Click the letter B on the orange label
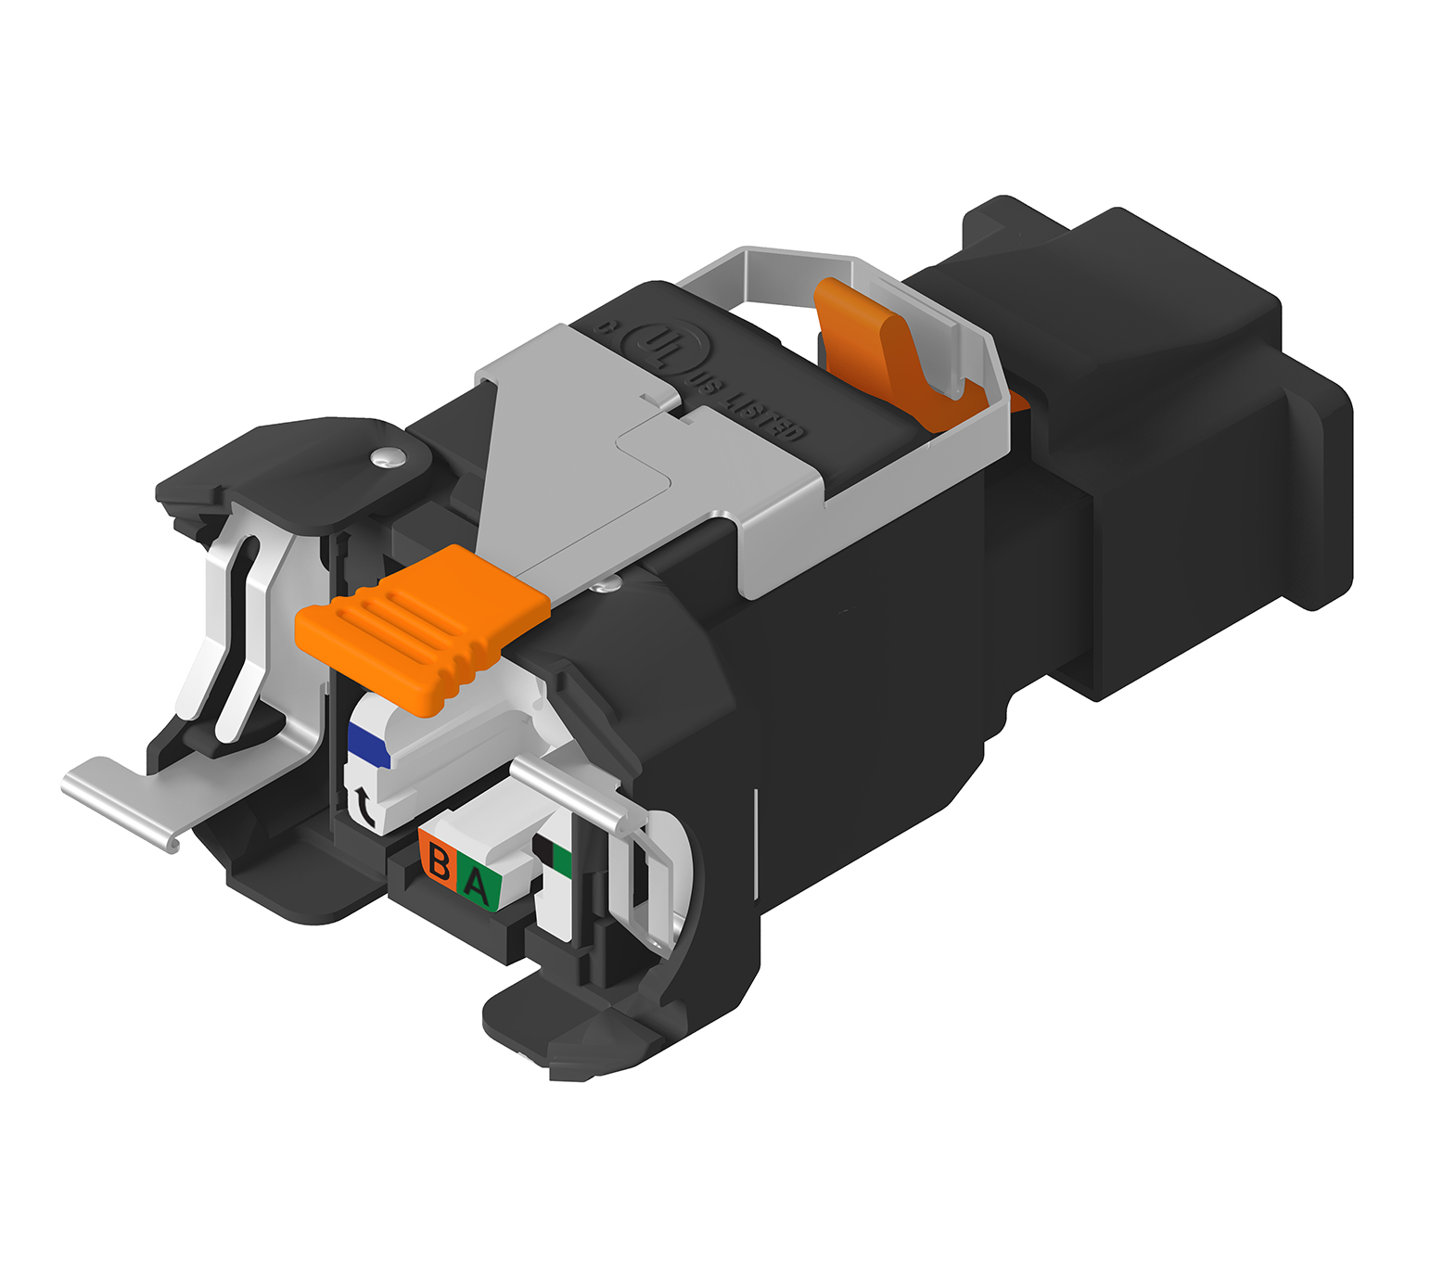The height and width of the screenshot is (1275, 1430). tap(440, 863)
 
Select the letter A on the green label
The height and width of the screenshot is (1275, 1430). tap(477, 885)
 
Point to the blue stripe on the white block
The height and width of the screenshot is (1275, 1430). tap(368, 746)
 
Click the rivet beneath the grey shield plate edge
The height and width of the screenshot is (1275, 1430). tap(606, 583)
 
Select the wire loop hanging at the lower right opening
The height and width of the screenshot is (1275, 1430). tap(663, 881)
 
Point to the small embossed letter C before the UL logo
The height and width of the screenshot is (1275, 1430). tap(606, 326)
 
